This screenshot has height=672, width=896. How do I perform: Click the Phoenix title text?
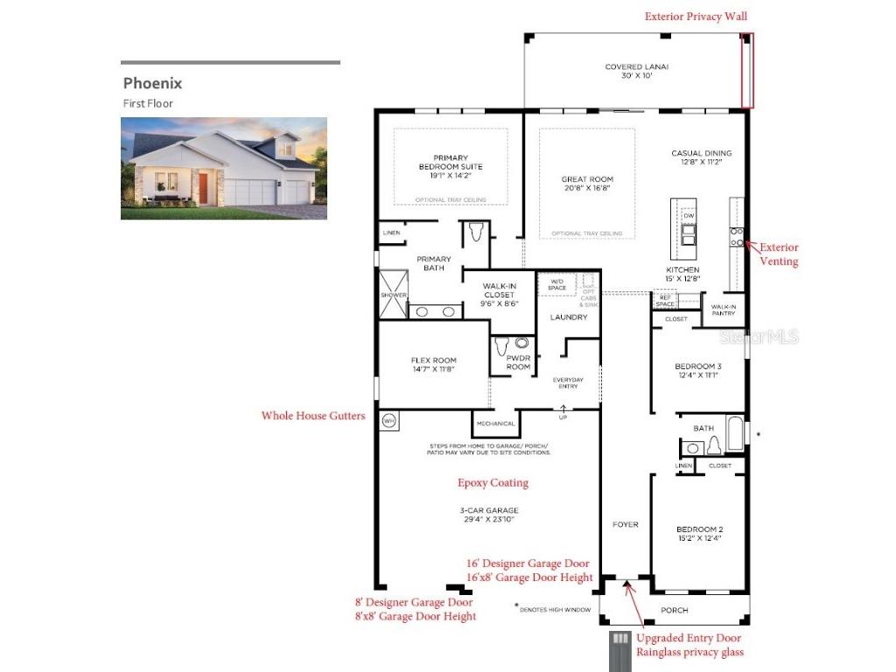click(152, 84)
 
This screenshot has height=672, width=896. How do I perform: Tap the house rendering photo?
click(224, 168)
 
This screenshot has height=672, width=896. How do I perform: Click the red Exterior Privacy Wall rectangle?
click(747, 71)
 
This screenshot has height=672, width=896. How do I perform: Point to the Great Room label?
click(587, 185)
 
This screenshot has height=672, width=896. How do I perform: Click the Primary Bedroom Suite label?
click(450, 166)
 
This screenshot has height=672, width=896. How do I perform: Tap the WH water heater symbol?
click(388, 421)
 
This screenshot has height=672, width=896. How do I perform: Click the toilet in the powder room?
click(502, 347)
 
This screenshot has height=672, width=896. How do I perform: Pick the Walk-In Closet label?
click(499, 295)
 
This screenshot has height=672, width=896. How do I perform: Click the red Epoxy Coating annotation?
click(493, 482)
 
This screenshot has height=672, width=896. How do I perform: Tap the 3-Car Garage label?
click(490, 514)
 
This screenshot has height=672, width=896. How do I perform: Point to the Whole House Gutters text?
click(313, 416)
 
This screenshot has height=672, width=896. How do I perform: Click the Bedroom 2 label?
click(698, 534)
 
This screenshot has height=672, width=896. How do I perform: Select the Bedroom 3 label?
click(698, 370)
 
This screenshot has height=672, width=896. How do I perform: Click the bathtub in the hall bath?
click(735, 433)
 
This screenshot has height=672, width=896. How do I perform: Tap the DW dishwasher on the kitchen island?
click(689, 215)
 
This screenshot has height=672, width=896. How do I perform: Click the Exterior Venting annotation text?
click(778, 254)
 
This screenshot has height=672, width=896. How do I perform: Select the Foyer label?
click(625, 524)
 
